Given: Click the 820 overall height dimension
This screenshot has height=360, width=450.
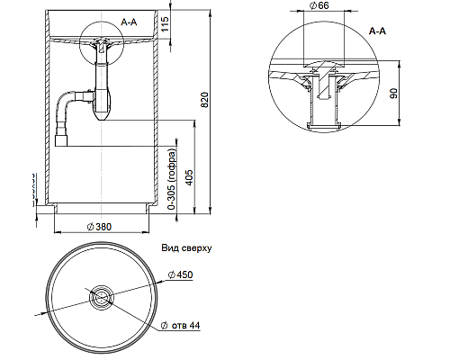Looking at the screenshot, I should pyautogui.click(x=203, y=99).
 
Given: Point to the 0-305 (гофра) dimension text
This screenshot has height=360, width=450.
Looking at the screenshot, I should pyautogui.click(x=171, y=181).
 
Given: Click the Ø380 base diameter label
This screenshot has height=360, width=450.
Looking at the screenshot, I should pyautogui.click(x=102, y=226).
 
